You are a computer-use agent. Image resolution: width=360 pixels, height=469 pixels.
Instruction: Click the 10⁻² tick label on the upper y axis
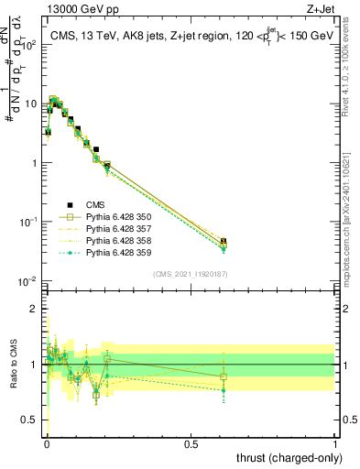click(x=27, y=280)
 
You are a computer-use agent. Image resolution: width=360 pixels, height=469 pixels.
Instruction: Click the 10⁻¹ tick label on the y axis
click(x=27, y=222)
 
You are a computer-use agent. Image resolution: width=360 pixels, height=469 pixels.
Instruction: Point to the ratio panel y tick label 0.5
click(x=29, y=420)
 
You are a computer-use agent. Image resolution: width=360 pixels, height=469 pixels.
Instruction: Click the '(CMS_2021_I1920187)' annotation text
click(x=190, y=274)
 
